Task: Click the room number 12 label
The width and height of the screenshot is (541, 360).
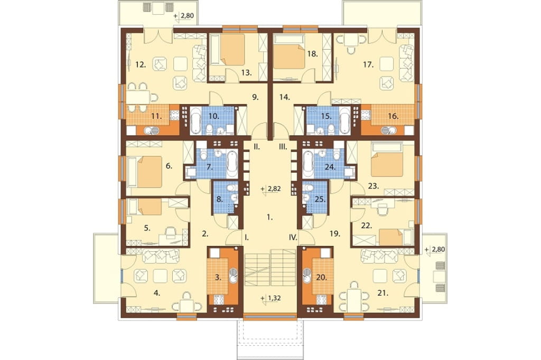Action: [x=140, y=64]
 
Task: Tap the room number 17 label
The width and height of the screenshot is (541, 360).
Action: [x=368, y=64]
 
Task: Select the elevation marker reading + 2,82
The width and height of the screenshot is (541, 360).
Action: [x=271, y=189]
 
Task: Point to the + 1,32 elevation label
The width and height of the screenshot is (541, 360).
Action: [x=271, y=298]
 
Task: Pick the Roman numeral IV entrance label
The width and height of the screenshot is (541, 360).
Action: [x=293, y=237]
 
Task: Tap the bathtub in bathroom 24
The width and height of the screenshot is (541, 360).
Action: [x=308, y=164]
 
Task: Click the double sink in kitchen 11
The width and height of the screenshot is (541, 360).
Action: [x=152, y=131]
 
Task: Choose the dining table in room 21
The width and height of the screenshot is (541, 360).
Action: [x=354, y=298]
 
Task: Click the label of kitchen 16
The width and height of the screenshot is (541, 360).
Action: [x=393, y=116]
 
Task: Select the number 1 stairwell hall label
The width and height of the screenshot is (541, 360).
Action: [x=270, y=217]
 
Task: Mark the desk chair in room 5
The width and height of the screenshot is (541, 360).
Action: [x=171, y=232]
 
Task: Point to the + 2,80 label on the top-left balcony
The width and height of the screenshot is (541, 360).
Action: [x=184, y=15]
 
